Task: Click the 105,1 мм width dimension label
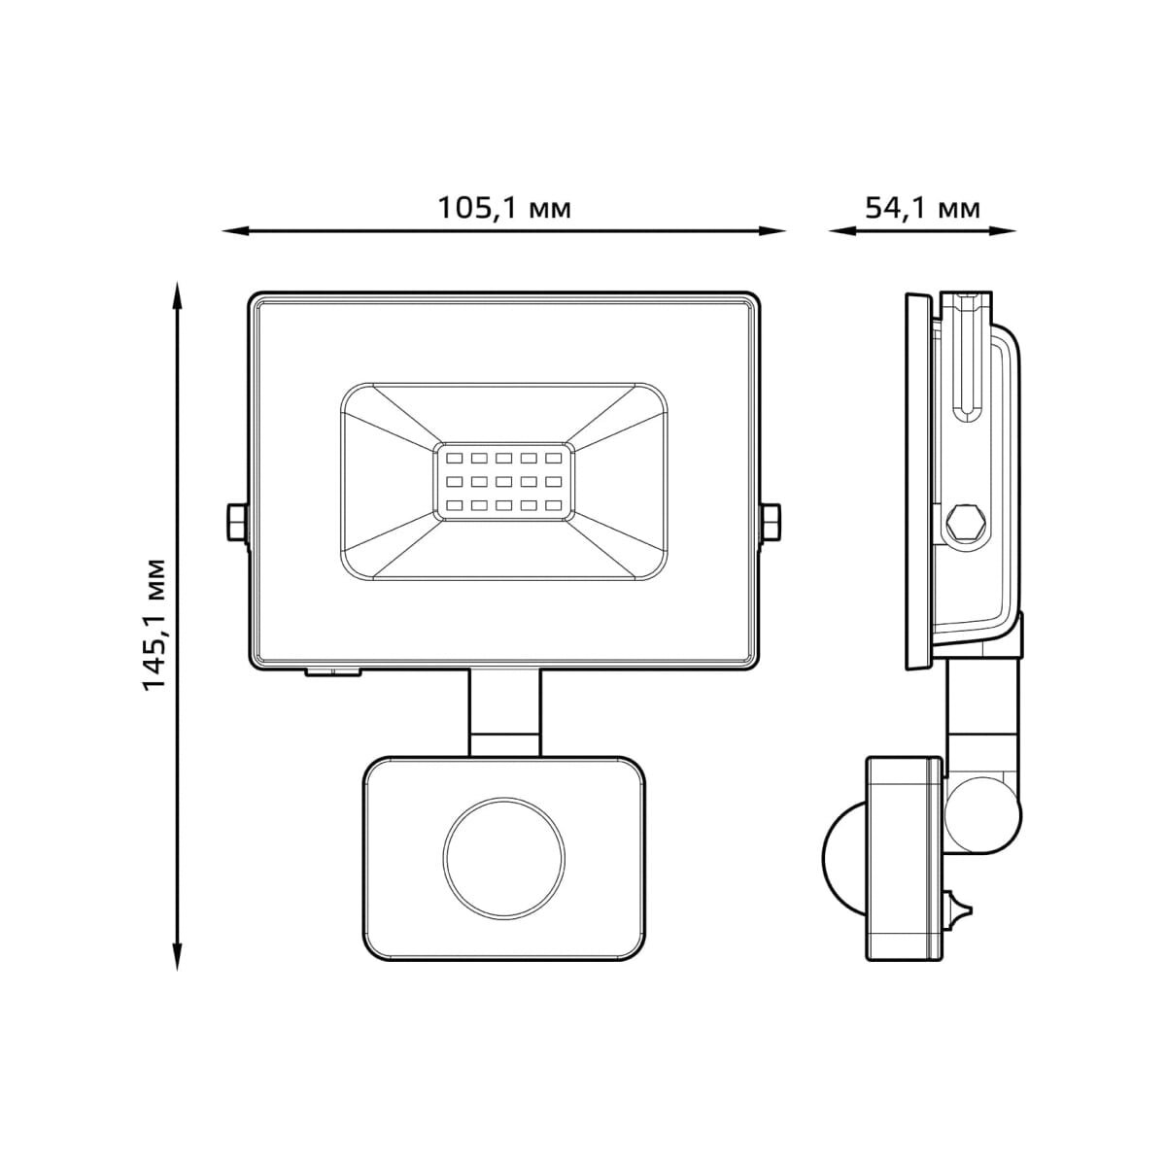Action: point(502,207)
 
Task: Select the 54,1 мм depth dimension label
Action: point(921,207)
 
